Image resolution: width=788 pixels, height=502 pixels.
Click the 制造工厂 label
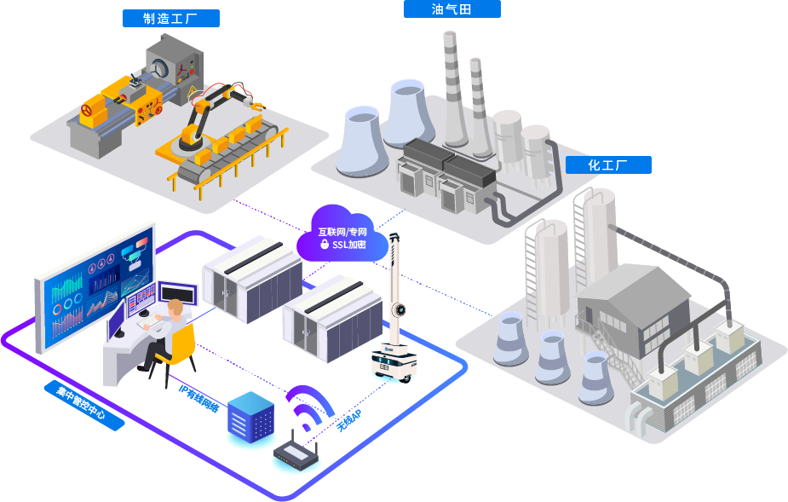click(171, 18)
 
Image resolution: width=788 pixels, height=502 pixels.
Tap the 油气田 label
click(452, 9)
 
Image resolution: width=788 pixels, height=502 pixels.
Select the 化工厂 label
click(607, 165)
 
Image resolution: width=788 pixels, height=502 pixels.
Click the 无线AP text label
click(348, 419)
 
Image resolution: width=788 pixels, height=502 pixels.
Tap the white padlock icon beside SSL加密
click(325, 245)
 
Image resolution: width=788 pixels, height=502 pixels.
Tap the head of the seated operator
click(175, 308)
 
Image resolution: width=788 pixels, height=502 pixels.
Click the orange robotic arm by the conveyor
click(204, 115)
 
